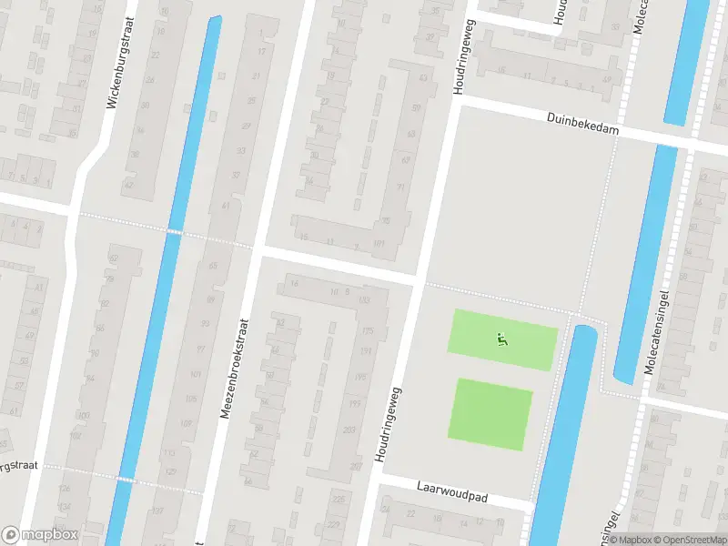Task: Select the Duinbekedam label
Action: click(582, 125)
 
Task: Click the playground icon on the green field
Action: click(501, 339)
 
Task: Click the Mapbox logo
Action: click(40, 535)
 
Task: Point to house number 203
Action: click(349, 430)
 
